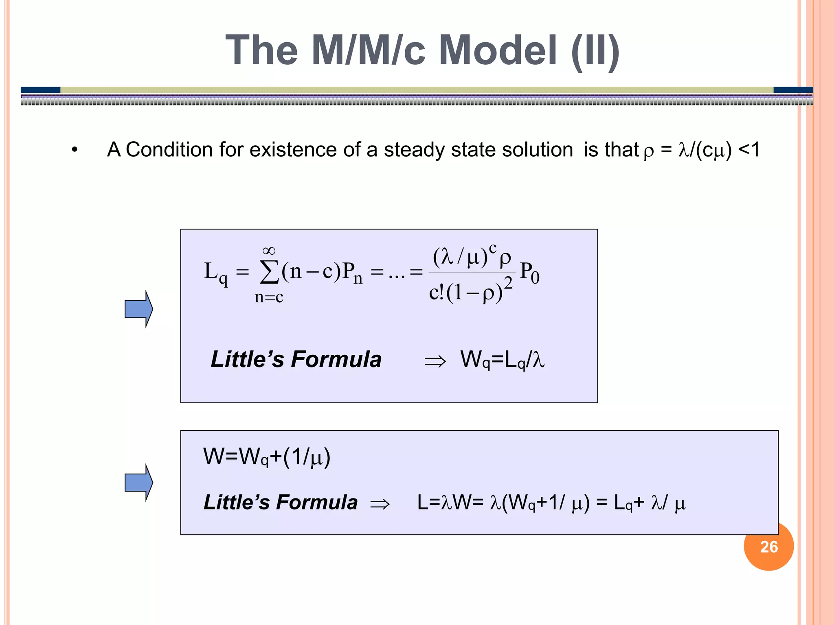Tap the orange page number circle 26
[x=769, y=547]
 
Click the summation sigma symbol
[x=269, y=271]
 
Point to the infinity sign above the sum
[x=269, y=250]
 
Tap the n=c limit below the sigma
[x=269, y=297]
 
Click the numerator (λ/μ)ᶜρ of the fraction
[x=472, y=256]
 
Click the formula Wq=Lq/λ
[x=502, y=360]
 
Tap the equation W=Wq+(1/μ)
[x=267, y=457]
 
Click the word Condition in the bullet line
[x=169, y=149]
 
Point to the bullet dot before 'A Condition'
[x=74, y=150]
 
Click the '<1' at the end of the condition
[x=748, y=149]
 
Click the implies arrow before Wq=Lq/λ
[x=435, y=361]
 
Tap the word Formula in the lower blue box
[x=317, y=502]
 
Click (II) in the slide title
[x=595, y=50]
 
